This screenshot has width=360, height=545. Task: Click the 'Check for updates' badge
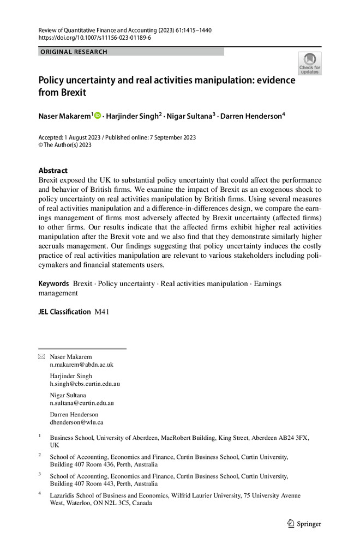tap(309, 63)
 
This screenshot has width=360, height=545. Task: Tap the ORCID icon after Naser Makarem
tap(98, 115)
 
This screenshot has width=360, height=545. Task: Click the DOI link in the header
tap(94, 38)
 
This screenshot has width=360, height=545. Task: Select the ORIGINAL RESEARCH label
tap(74, 52)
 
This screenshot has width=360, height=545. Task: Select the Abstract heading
tap(53, 170)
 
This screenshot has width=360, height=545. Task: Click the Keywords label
tap(53, 284)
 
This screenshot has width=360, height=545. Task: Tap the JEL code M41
tap(102, 312)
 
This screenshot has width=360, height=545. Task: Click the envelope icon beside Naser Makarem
tap(41, 357)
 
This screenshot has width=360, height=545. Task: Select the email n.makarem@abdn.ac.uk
tap(82, 365)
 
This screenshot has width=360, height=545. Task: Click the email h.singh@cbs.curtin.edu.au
tap(85, 384)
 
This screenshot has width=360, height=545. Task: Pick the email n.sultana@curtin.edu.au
tap(82, 403)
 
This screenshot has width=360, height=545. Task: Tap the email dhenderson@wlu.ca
tap(76, 422)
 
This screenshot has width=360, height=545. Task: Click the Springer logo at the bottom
tap(304, 524)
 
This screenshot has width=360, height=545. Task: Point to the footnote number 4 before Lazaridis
tap(40, 494)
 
